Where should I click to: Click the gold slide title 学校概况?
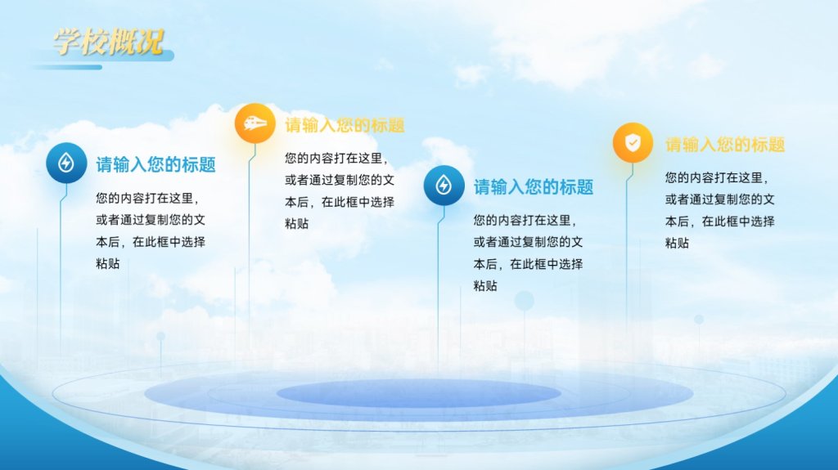108,42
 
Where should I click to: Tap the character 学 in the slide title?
67,42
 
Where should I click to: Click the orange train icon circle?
255,123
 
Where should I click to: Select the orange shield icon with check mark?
633,142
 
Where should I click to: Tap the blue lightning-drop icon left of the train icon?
66,163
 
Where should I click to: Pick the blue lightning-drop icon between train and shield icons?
444,186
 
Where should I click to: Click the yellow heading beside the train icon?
345,126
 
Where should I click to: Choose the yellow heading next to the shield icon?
725,145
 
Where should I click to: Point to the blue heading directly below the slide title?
156,164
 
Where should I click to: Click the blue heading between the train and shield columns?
534,187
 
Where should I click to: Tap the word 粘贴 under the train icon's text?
296,224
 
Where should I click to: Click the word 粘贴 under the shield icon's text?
677,243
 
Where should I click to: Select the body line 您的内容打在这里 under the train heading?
336,158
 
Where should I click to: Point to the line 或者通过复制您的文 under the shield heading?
720,199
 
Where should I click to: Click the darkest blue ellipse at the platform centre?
418,394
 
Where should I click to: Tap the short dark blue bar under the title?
67,67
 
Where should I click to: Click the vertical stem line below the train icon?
249,246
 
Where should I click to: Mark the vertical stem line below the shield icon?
627,246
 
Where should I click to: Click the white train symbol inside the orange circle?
255,123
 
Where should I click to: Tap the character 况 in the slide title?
150,42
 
